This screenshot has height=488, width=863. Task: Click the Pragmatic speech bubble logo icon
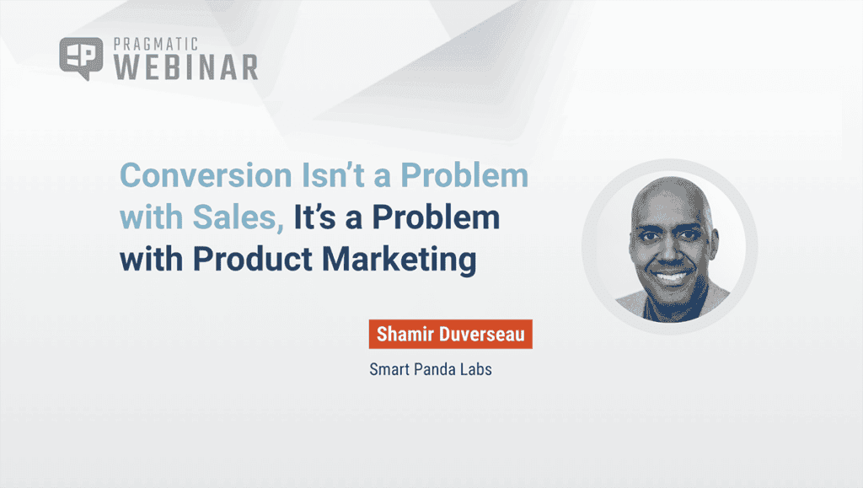click(81, 58)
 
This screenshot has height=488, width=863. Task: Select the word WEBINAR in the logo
click(185, 67)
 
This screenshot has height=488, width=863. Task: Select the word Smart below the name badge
click(391, 369)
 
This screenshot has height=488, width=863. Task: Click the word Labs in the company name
click(476, 369)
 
